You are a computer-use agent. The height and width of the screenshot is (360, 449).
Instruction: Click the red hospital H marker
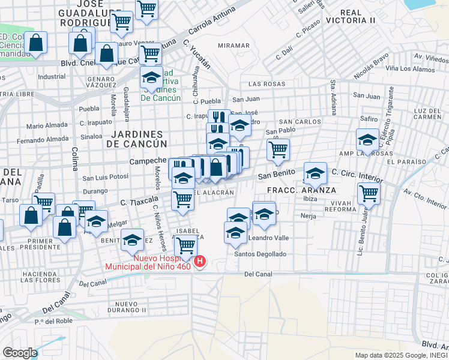(x=200, y=262)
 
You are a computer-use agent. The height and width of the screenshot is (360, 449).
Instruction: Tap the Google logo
(x=20, y=353)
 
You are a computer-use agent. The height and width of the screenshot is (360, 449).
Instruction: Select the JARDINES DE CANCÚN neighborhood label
(x=136, y=139)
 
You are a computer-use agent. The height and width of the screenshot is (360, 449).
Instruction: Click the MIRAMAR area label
(x=234, y=46)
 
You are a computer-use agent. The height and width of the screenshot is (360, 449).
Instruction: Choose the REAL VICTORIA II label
(x=358, y=16)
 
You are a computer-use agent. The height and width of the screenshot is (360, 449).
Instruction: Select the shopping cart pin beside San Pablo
(x=278, y=149)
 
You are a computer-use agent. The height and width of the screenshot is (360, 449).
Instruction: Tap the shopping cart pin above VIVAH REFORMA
(x=369, y=194)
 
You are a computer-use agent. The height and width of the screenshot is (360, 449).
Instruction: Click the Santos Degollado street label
(x=261, y=254)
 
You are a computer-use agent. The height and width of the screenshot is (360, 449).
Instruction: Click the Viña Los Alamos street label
(x=410, y=69)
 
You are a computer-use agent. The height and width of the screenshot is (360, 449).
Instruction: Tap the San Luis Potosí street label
(x=106, y=178)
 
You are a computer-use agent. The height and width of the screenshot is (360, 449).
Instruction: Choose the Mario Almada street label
(x=47, y=126)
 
